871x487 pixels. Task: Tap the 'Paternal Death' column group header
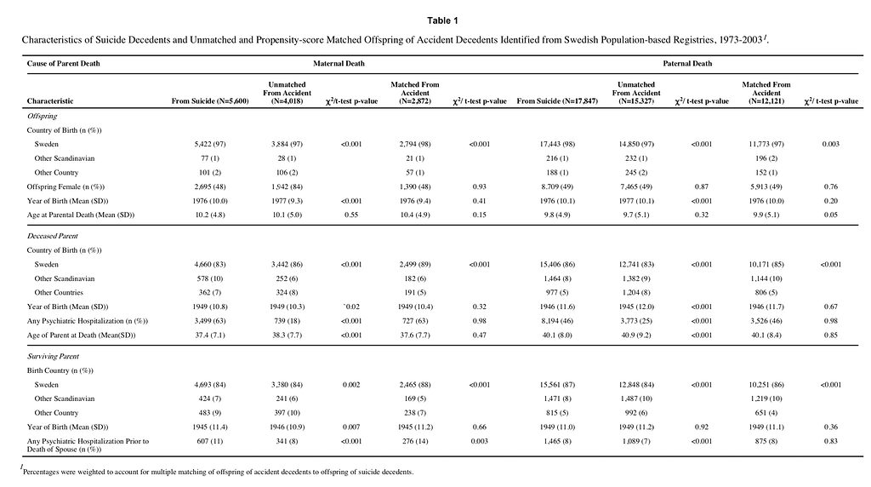(687, 64)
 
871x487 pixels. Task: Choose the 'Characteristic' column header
(49, 100)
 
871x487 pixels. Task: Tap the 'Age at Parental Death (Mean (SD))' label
(81, 215)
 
